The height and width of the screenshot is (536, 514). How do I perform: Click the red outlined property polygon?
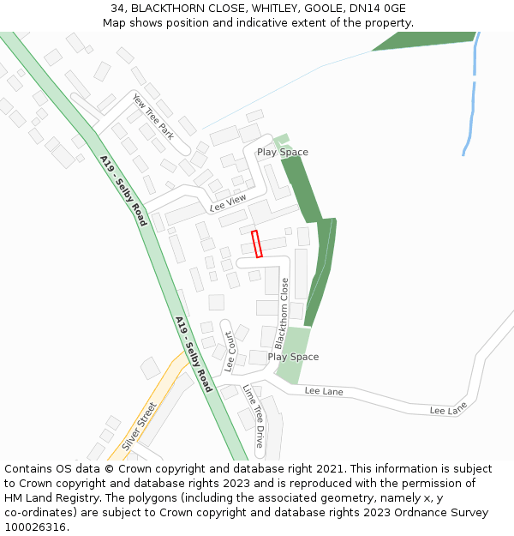tap(256, 244)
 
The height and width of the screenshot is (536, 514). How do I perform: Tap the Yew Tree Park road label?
tap(153, 117)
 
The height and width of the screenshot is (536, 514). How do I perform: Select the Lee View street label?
tap(228, 203)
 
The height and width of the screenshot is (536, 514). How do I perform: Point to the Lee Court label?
tap(229, 352)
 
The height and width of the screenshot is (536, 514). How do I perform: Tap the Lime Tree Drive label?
tap(254, 415)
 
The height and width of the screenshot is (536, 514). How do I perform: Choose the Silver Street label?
tap(140, 425)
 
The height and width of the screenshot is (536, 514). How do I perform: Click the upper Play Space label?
tap(283, 152)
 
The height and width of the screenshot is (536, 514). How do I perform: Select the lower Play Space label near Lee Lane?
tap(293, 357)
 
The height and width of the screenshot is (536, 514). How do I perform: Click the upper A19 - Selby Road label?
tap(123, 190)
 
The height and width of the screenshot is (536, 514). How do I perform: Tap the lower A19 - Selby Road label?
tap(194, 354)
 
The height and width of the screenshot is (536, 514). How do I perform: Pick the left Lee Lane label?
tap(324, 391)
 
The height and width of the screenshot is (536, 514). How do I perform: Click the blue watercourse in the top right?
tap(472, 94)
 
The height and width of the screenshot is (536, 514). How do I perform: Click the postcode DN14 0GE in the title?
tap(377, 9)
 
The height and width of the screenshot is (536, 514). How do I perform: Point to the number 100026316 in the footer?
tap(35, 527)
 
